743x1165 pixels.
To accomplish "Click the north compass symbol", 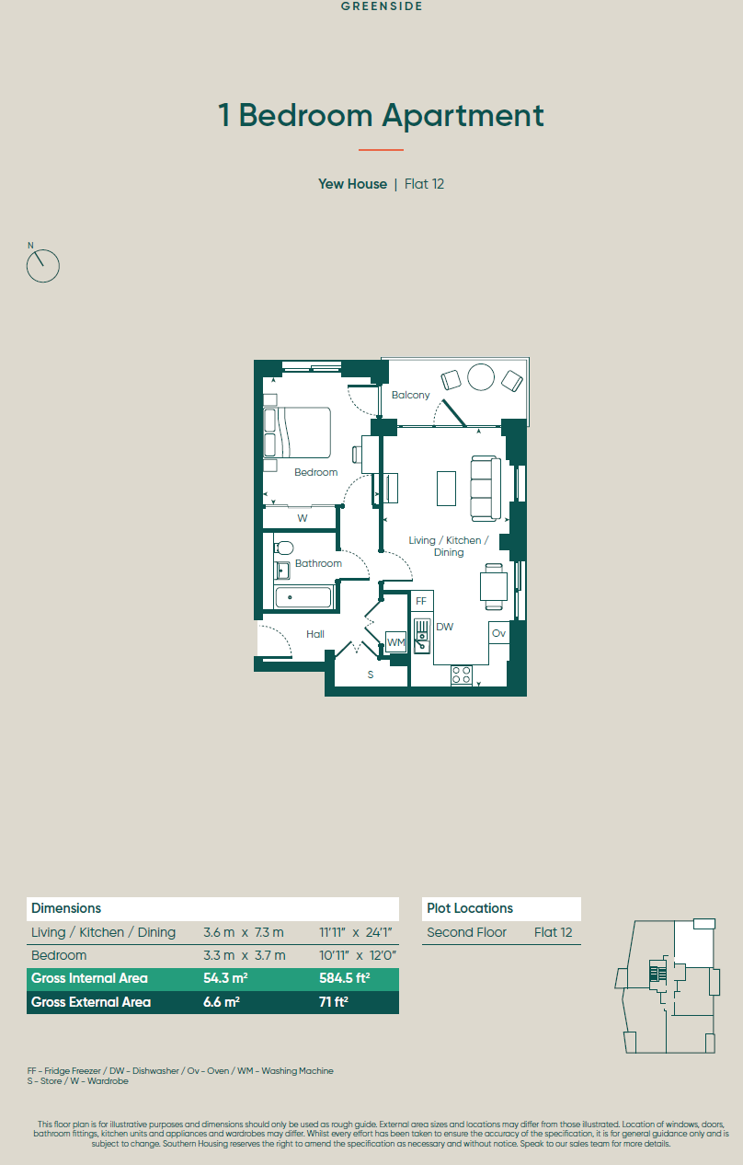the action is point(42,266).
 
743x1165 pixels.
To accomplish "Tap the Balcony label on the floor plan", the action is point(410,395).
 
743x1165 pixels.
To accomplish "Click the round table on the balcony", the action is point(481,376).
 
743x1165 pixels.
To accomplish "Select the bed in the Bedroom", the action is point(297,433).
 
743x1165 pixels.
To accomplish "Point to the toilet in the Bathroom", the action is point(284,548).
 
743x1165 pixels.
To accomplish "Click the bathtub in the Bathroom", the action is point(303,597).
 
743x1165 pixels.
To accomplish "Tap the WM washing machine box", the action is point(396,641).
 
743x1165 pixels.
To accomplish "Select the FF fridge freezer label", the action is point(421,601).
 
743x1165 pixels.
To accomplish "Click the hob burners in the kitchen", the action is point(462,675).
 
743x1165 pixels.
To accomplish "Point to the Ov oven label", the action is point(498,633).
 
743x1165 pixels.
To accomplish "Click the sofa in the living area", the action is point(486,489).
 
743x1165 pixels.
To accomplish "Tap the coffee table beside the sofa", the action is point(446,489).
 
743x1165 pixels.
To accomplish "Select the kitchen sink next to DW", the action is point(422,636).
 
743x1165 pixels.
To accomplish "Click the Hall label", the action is point(314,634).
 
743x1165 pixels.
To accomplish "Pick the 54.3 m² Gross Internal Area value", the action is point(225,978).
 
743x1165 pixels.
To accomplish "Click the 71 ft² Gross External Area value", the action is point(334,1002).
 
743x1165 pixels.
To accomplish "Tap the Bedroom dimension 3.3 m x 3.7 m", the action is point(245,955).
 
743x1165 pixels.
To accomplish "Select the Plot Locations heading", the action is point(470,908).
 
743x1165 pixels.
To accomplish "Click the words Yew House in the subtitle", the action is point(352,184).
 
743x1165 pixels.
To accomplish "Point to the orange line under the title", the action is point(381,150).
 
